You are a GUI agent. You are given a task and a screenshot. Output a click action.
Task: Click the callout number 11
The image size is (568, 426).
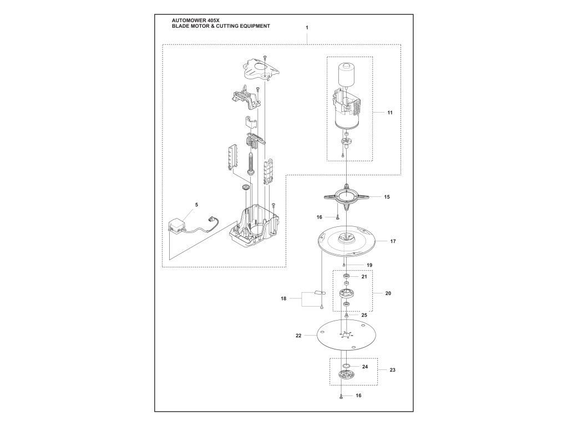tap(390, 113)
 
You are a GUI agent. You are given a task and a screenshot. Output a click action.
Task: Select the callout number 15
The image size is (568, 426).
tap(387, 196)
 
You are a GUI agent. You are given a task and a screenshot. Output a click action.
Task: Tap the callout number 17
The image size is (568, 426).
tap(393, 241)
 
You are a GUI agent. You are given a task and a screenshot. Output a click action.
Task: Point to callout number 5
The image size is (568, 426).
tap(196, 205)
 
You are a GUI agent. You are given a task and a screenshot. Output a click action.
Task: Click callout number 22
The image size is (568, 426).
tap(298, 336)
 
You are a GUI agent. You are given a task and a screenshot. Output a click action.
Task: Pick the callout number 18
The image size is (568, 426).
tap(283, 298)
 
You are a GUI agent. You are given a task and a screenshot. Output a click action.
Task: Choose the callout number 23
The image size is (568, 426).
tap(393, 369)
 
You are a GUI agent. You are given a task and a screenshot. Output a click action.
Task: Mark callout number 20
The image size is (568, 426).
tap(388, 293)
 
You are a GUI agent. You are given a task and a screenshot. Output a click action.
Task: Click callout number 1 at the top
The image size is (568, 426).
tap(307, 27)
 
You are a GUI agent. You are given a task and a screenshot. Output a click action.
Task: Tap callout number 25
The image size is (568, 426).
tap(364, 315)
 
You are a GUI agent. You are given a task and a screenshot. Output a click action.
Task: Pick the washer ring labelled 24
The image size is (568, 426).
tap(346, 366)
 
